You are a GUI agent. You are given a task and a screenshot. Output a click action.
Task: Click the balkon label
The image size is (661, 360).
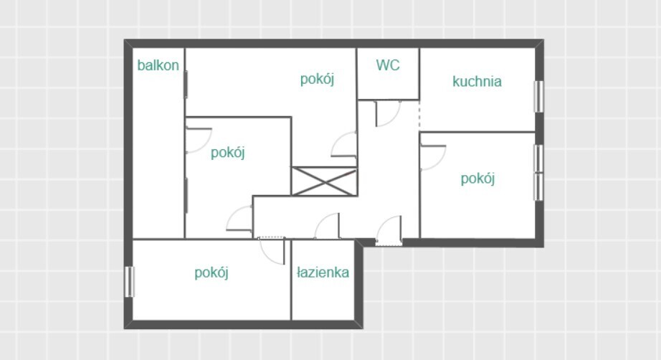click(x=158, y=65)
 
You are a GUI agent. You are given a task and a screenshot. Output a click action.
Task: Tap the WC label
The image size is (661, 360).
click(x=388, y=65)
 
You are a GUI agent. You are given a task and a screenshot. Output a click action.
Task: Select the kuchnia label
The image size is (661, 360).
click(x=477, y=81)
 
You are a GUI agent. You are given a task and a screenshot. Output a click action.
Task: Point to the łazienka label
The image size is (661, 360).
click(x=323, y=273)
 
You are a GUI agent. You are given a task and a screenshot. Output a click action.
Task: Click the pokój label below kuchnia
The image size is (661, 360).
click(x=477, y=179)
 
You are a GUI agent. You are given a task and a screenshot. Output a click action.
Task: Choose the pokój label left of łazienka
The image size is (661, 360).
click(x=211, y=273)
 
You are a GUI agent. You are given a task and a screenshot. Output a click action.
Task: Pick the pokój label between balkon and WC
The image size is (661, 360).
click(x=317, y=80)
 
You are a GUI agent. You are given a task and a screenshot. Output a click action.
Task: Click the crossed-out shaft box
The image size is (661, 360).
click(x=324, y=181)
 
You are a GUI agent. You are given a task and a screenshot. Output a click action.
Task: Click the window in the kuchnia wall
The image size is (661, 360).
click(x=538, y=97)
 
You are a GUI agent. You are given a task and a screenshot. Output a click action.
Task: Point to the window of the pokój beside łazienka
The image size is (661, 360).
click(x=130, y=282)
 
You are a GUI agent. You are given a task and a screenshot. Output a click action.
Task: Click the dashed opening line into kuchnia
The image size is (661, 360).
click(x=419, y=116)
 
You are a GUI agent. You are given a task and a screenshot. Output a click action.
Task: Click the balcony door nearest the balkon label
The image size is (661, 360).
click(x=186, y=85)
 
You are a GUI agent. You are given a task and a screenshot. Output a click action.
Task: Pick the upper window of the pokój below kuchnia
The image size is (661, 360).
click(x=538, y=158)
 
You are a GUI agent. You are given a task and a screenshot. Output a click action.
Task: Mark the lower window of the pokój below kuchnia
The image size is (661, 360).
click(x=538, y=186)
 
